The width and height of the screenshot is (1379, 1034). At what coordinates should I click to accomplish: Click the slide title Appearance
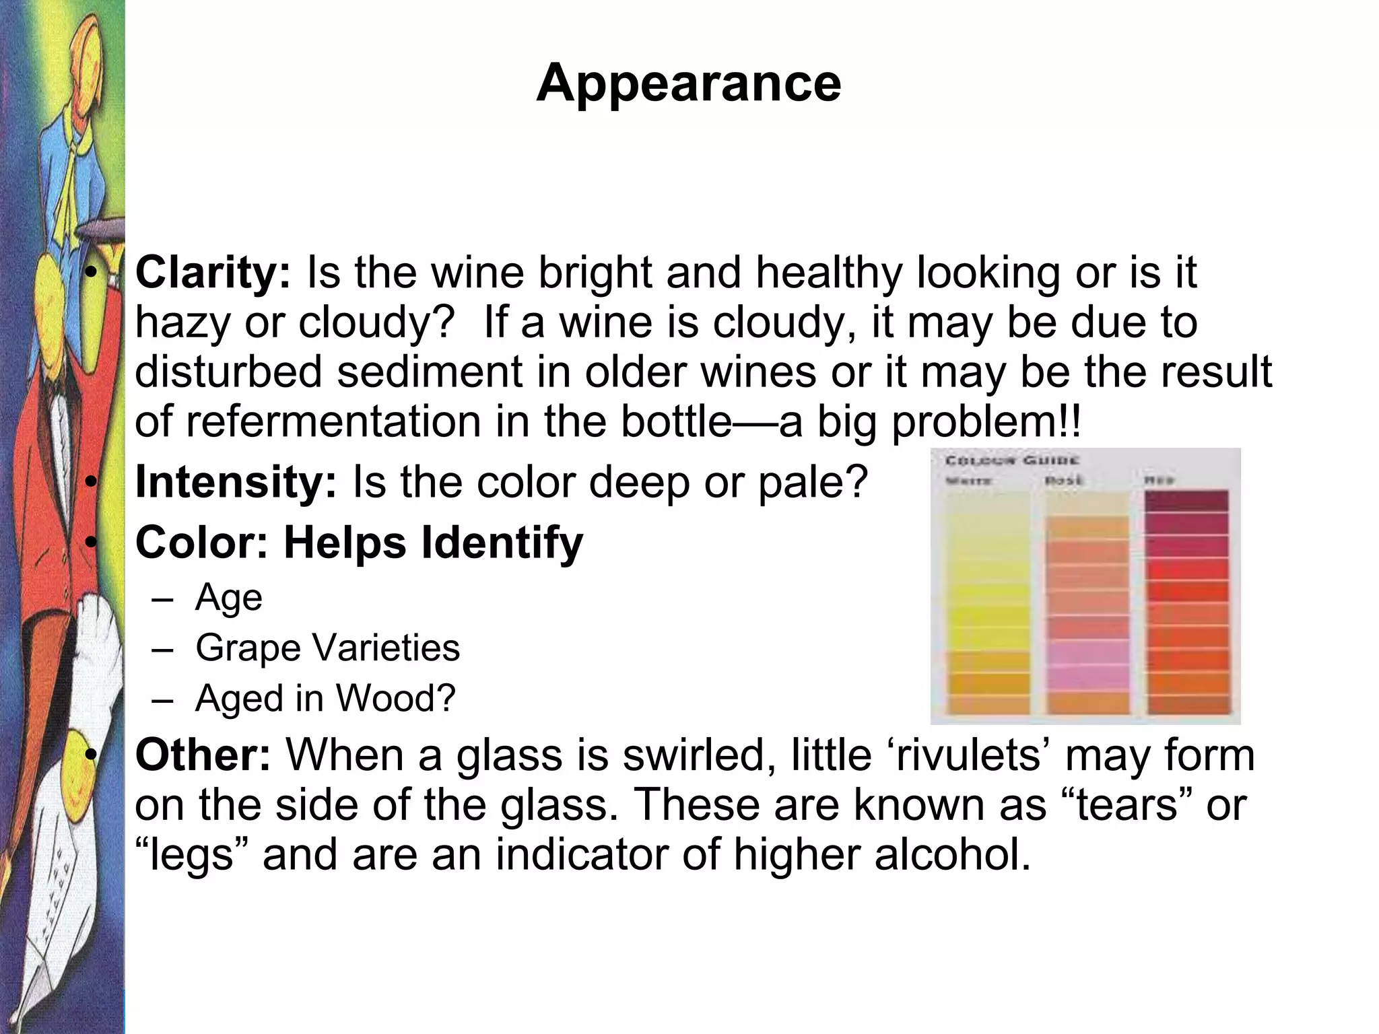pos(689,83)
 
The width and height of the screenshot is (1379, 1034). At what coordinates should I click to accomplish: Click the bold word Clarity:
pos(213,273)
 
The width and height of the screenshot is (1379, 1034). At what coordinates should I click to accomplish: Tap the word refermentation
pos(333,421)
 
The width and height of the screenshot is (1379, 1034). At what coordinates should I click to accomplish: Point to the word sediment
pos(430,372)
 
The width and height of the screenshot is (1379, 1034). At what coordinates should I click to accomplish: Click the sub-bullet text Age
pos(228,597)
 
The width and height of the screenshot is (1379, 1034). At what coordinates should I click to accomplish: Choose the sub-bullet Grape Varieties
pos(327,648)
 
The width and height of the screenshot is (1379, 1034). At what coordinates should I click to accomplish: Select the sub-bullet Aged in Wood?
pos(325,698)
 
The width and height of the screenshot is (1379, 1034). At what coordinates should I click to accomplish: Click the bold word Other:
pos(203,755)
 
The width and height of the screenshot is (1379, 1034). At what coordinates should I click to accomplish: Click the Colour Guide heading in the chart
pos(1012,460)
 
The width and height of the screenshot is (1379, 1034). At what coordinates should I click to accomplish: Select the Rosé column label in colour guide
pos(1064,480)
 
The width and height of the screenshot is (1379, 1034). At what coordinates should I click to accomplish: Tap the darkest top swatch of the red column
pos(1186,501)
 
